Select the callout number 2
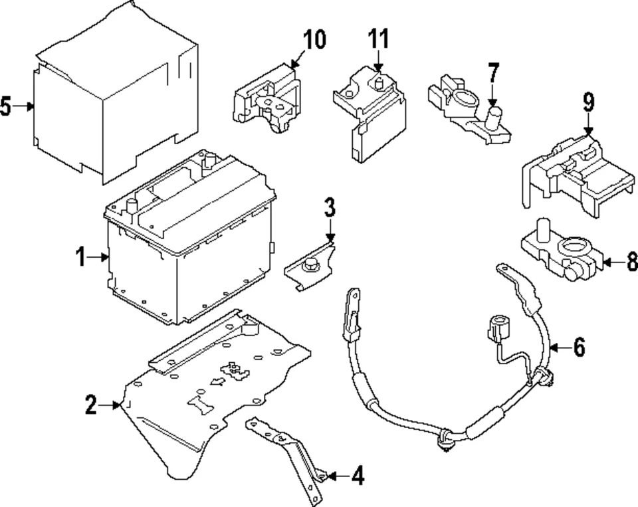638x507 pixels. [91, 404]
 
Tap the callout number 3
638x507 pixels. [330, 207]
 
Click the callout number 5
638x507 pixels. [6, 106]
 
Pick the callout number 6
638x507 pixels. [579, 347]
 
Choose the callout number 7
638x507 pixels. [492, 72]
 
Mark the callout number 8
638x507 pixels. [631, 261]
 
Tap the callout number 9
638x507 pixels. [588, 102]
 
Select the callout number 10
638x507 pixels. [314, 40]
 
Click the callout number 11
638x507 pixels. [378, 39]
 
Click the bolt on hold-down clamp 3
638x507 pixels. [308, 267]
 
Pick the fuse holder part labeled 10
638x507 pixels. [266, 100]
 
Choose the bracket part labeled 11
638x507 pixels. [369, 116]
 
